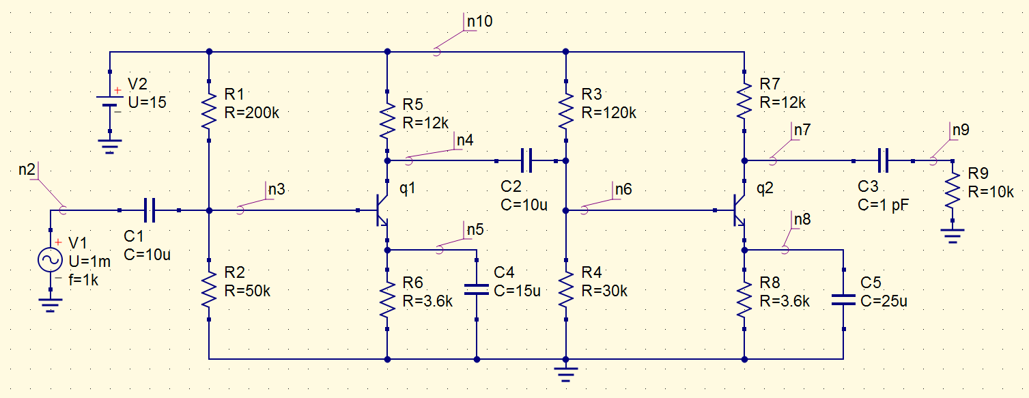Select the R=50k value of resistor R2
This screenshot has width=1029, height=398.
point(251,290)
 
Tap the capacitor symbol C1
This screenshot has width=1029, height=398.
point(150,210)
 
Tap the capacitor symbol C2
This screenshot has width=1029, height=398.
point(526,161)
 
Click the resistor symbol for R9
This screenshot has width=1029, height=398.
point(952,192)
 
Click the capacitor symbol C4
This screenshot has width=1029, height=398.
point(477,289)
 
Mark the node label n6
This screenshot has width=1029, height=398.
point(623,189)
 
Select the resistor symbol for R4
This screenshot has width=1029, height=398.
point(566,290)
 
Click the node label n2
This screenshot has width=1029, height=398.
point(27,169)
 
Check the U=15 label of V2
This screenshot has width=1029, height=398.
point(147,102)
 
